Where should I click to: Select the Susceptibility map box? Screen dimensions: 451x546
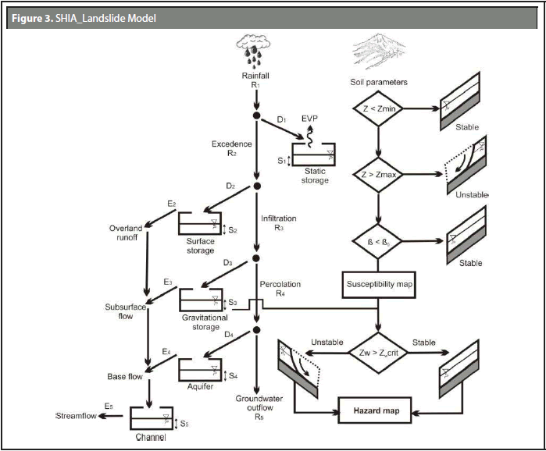[x=378, y=285]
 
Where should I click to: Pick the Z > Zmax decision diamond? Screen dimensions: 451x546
[x=378, y=172]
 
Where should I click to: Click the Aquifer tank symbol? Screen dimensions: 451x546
[x=200, y=369]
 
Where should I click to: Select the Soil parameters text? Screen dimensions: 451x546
[x=379, y=81]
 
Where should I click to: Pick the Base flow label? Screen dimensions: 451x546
[x=125, y=377]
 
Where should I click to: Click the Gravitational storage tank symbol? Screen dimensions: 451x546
[x=200, y=300]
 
